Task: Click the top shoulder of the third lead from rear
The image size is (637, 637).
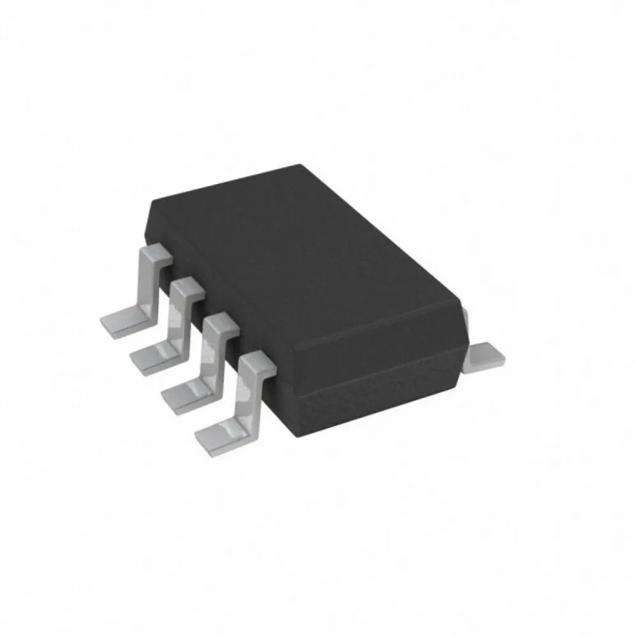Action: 220,324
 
